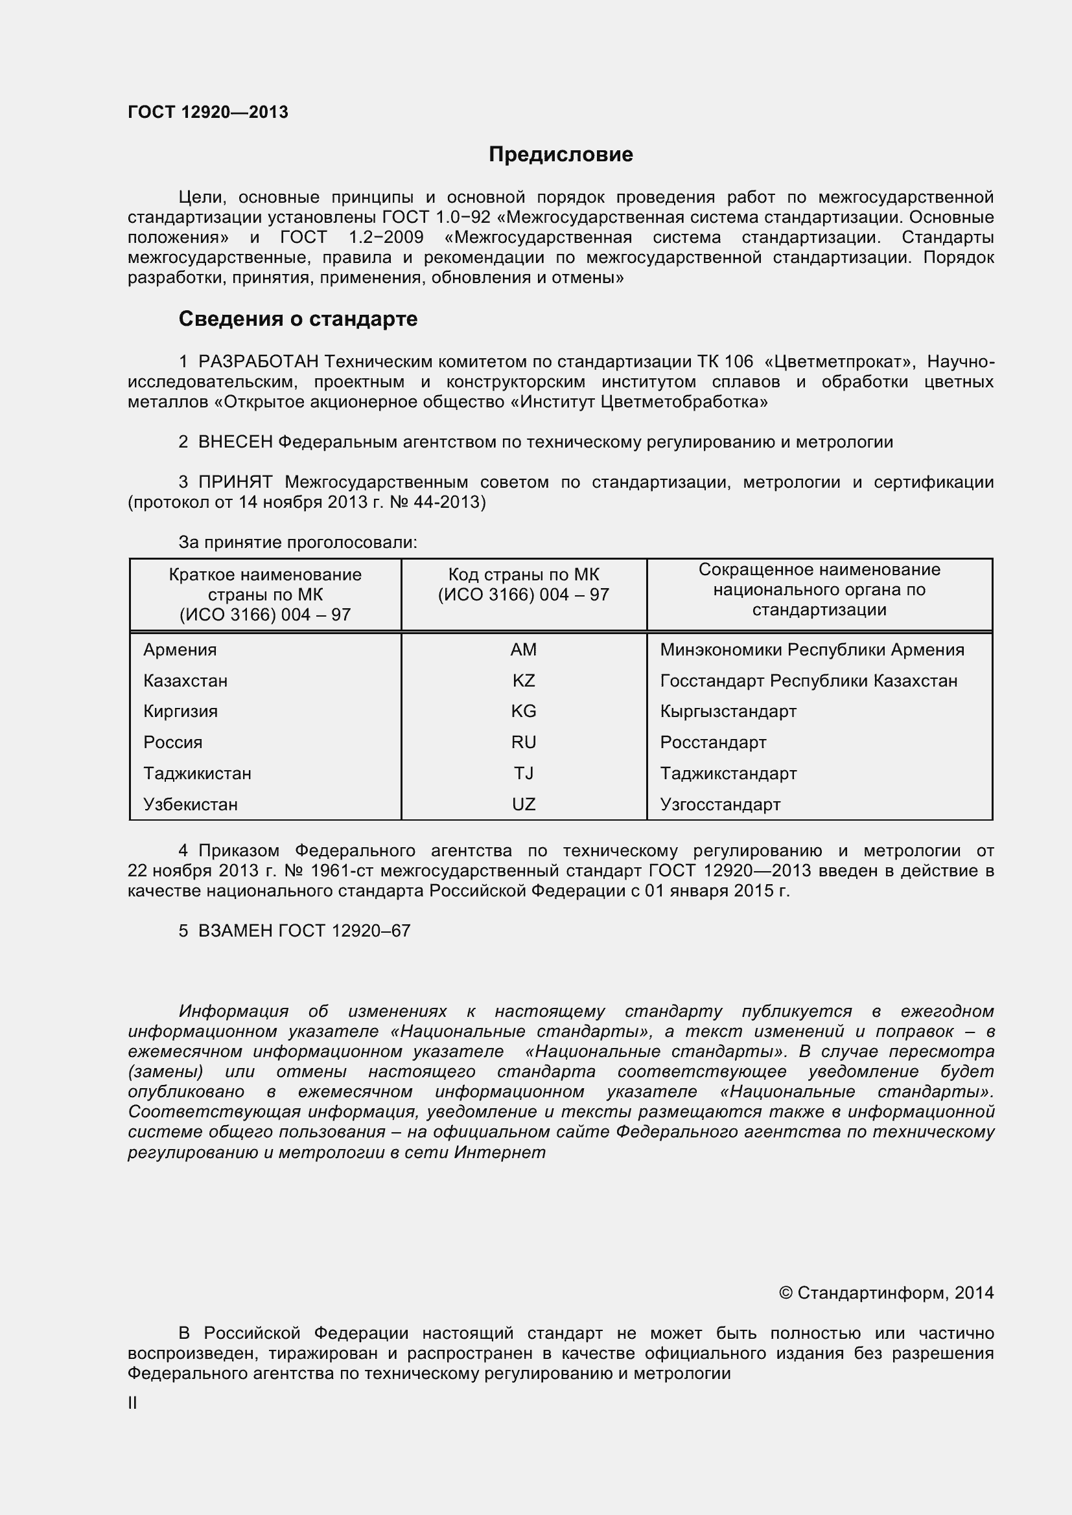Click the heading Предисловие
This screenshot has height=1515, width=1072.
pos(561,154)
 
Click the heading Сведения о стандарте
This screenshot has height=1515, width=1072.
pos(297,319)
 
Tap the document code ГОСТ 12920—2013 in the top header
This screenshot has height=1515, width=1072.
pos(208,113)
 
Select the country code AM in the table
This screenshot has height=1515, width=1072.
pos(524,650)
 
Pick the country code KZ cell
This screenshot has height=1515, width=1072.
pos(524,681)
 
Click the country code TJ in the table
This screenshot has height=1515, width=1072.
pos(524,773)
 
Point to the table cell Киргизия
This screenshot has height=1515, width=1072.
pos(180,712)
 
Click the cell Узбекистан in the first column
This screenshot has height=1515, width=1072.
pos(190,804)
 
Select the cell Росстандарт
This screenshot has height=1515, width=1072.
pos(713,742)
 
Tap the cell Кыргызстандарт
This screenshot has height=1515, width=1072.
pos(728,712)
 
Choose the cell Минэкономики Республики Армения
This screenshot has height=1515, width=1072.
pos(812,650)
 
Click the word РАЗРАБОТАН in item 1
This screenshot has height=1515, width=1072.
pos(258,361)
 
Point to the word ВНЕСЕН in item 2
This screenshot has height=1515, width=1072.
pos(235,442)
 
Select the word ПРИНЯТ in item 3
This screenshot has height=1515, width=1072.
pos(235,483)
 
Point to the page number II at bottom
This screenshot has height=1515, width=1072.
pos(132,1404)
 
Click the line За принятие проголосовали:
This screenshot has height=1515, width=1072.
pos(297,542)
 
